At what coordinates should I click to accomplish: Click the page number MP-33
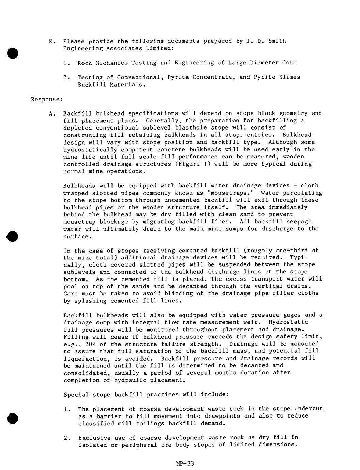(185, 463)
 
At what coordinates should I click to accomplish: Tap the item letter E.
(51, 42)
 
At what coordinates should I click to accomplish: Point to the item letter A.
(51, 113)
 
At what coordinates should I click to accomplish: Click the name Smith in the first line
(277, 41)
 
